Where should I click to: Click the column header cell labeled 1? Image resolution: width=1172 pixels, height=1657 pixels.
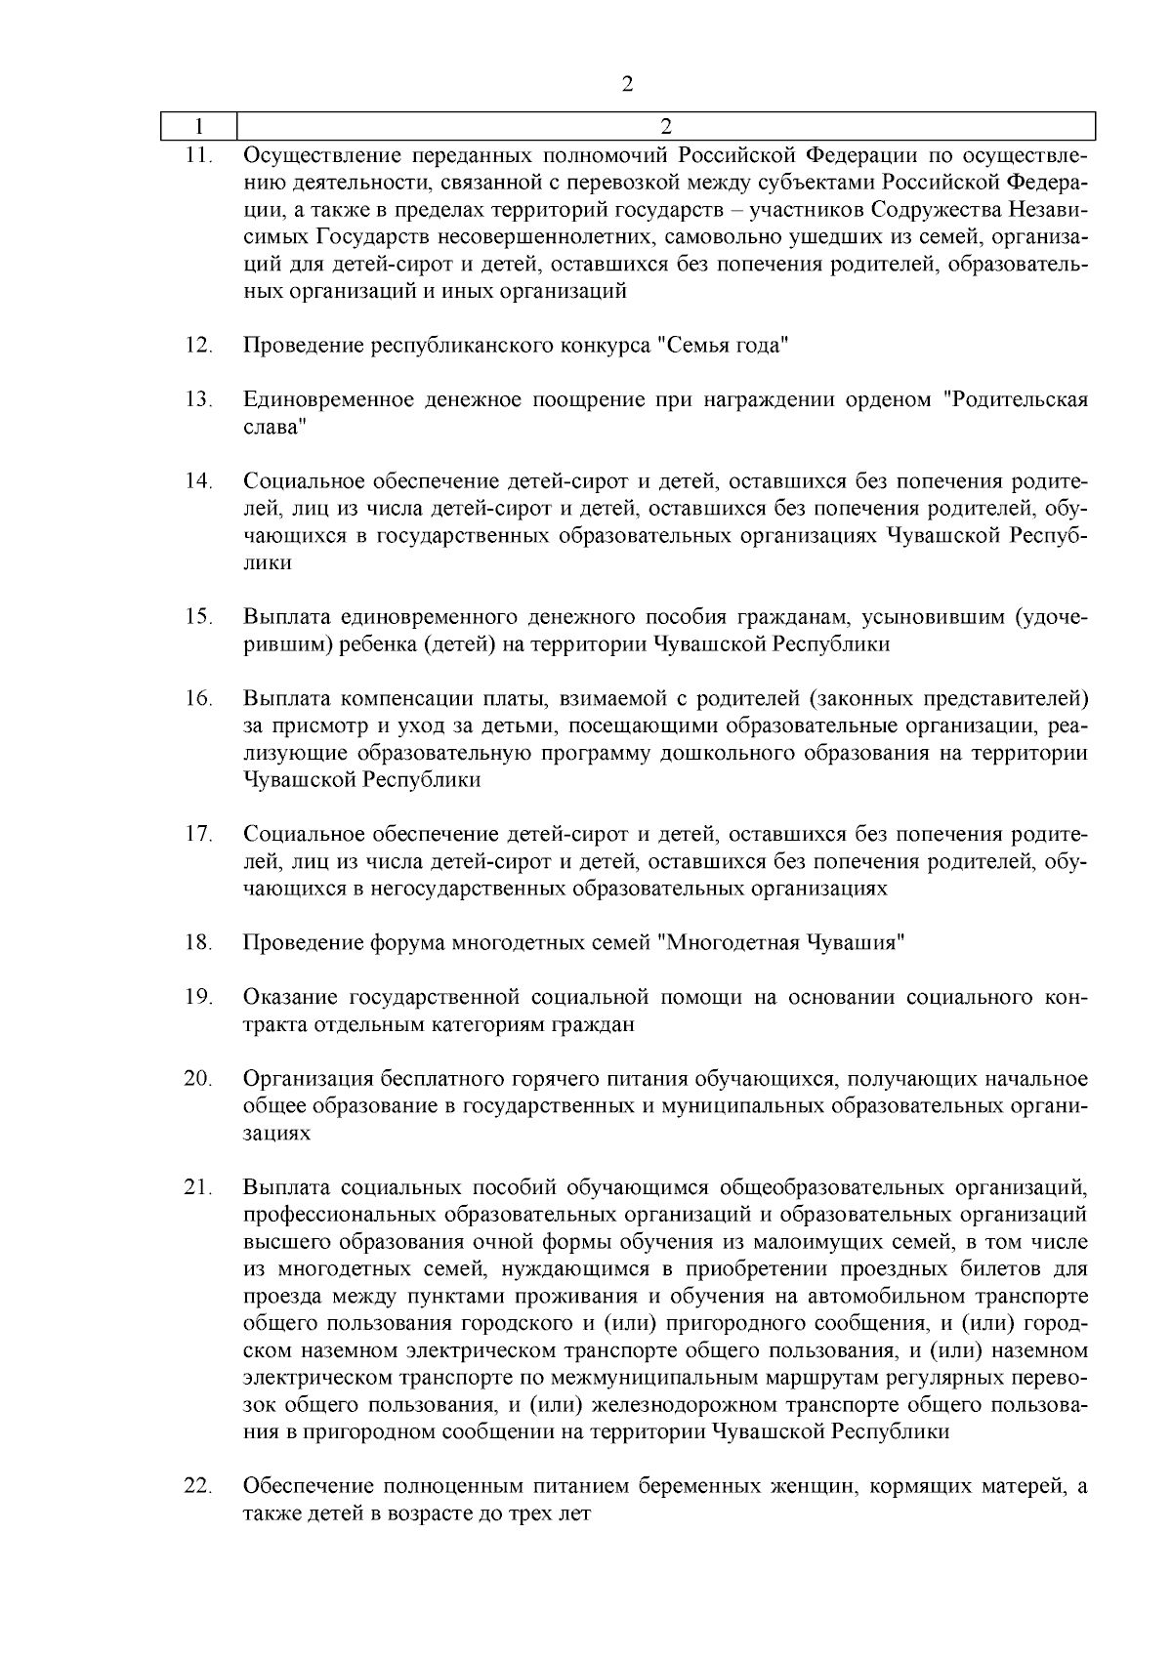point(199,127)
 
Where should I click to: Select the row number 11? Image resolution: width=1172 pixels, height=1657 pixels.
point(198,155)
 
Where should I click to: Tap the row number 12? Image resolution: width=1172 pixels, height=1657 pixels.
point(198,346)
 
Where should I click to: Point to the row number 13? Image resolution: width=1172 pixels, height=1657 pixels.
point(198,399)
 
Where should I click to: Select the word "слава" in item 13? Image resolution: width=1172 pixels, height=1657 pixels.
point(274,427)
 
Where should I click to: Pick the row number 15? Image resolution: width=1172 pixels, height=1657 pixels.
point(198,616)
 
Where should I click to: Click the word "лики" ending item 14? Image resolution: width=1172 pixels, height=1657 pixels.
point(267,563)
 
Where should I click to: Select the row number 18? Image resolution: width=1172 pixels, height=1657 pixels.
point(198,942)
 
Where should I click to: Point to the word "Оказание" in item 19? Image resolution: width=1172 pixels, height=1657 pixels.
point(290,997)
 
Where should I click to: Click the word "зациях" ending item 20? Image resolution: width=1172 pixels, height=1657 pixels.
point(276,1134)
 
